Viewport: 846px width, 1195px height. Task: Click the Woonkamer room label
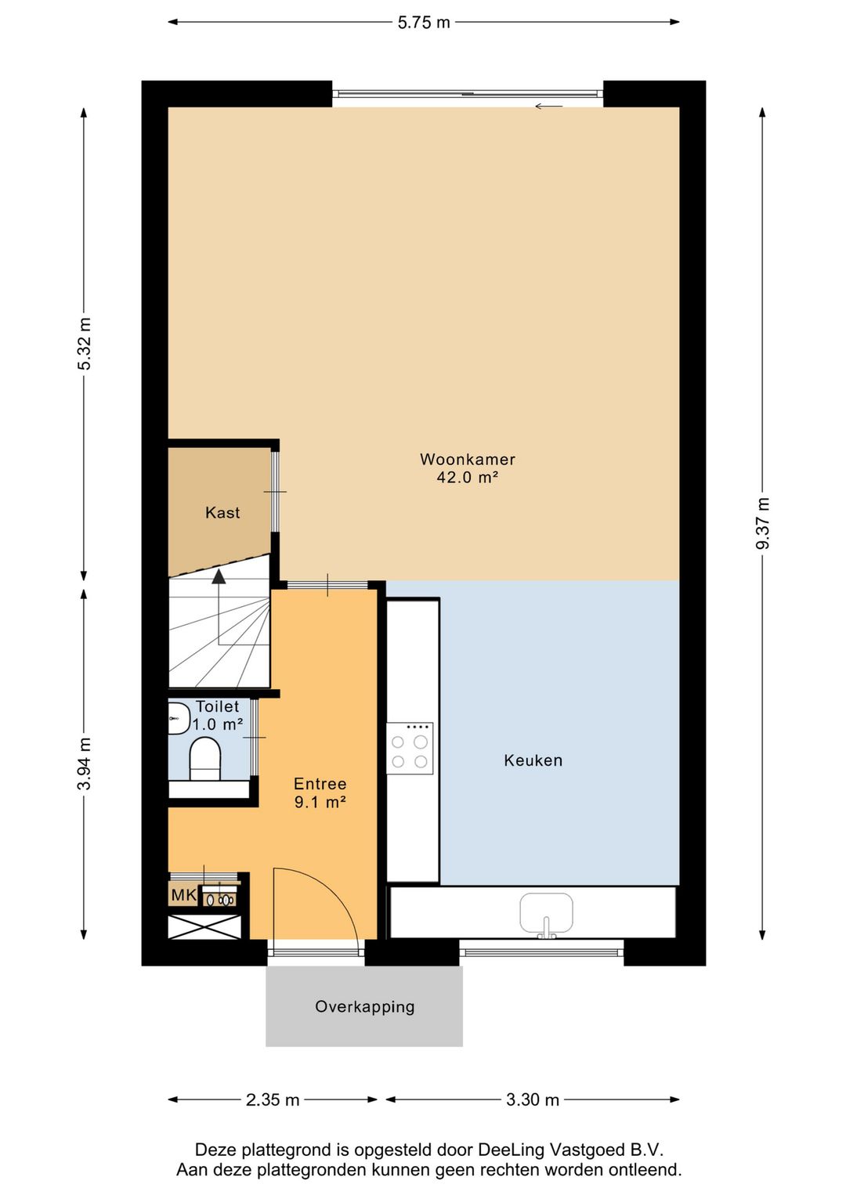pyautogui.click(x=467, y=460)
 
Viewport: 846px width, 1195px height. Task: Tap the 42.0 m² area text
pyautogui.click(x=468, y=478)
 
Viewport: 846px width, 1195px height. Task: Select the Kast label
pyautogui.click(x=222, y=513)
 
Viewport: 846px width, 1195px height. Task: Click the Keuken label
pyautogui.click(x=533, y=760)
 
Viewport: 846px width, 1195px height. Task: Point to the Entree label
pyautogui.click(x=320, y=784)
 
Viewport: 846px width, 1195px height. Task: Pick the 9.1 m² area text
pyautogui.click(x=320, y=802)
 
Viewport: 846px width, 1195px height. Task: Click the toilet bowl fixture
pyautogui.click(x=205, y=760)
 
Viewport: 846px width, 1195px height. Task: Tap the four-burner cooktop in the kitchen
pyautogui.click(x=410, y=749)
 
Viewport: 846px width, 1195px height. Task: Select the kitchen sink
pyautogui.click(x=547, y=915)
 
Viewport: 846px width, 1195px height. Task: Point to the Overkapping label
pyautogui.click(x=364, y=1007)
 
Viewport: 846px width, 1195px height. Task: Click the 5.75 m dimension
pyautogui.click(x=424, y=23)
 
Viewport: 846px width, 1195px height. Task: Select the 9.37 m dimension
pyautogui.click(x=763, y=523)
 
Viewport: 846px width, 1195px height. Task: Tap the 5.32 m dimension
pyautogui.click(x=84, y=344)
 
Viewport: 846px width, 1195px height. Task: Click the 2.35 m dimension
pyautogui.click(x=273, y=1099)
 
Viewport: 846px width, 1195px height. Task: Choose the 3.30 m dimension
pyautogui.click(x=533, y=1099)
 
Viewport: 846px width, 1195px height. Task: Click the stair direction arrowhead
pyautogui.click(x=219, y=576)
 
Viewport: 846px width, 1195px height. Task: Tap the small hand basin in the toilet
pyautogui.click(x=179, y=718)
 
